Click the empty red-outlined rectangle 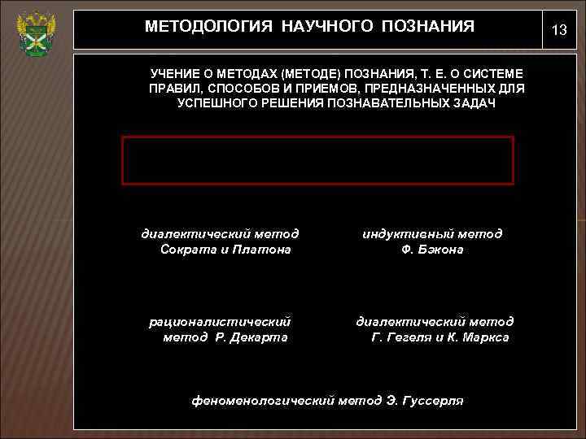coord(317,160)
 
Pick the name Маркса coord(483,337)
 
